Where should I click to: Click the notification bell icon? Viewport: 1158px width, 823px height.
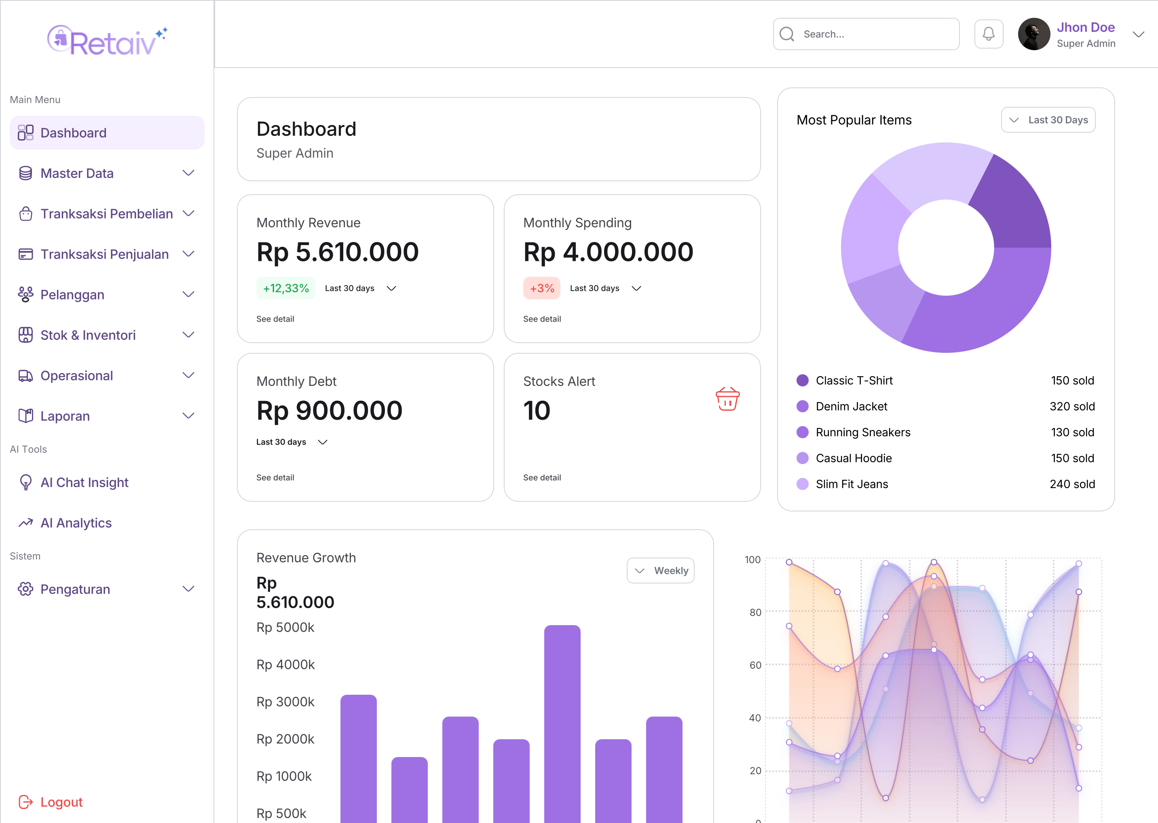point(988,34)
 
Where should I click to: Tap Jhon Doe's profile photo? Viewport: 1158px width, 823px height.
point(1033,34)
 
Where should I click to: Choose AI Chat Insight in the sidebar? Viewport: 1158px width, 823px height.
point(85,482)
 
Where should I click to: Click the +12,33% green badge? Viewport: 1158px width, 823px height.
point(285,288)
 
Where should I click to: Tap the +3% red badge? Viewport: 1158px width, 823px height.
point(541,288)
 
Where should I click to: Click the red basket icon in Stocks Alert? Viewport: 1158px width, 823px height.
point(727,399)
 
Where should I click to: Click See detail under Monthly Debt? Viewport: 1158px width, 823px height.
point(275,477)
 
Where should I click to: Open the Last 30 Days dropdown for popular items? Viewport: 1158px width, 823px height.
point(1048,120)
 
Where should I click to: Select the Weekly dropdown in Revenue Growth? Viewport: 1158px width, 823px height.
point(660,571)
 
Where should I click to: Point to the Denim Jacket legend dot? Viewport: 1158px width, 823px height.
point(802,406)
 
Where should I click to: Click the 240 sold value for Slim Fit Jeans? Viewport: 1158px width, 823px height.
point(1072,484)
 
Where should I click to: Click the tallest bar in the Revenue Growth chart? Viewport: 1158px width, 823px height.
point(562,719)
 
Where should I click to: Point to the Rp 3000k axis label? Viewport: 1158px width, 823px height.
point(285,702)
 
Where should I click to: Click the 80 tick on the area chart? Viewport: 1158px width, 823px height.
point(755,612)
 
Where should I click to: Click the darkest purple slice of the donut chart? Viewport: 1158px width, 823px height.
point(1010,203)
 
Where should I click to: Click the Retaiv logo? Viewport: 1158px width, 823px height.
point(107,40)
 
